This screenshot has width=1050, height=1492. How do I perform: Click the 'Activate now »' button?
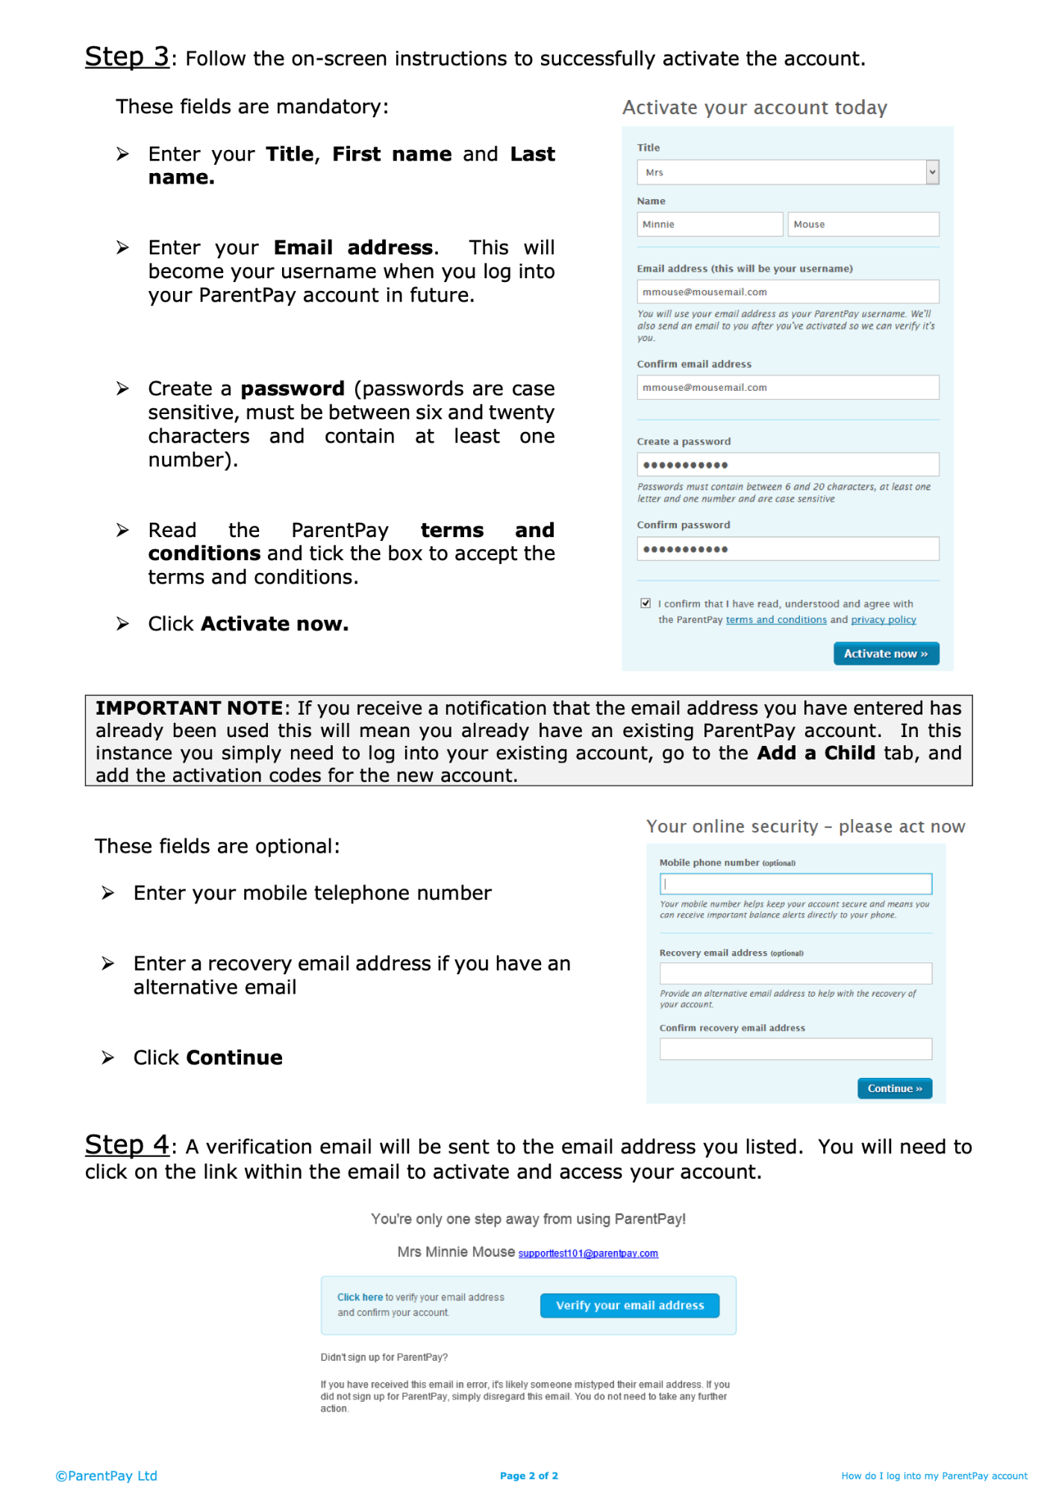(885, 653)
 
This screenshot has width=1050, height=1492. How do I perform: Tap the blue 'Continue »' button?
(894, 1088)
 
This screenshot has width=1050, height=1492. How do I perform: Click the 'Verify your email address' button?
(629, 1305)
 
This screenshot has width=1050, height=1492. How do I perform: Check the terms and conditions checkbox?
(646, 604)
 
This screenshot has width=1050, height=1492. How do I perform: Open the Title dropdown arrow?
(932, 172)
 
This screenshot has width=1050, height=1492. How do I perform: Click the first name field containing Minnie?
(709, 225)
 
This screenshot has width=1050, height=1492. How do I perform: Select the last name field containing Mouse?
(863, 225)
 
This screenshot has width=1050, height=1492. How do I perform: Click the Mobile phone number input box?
(795, 884)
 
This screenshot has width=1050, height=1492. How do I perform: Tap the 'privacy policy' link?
(884, 620)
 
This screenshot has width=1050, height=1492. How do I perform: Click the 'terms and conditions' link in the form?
(775, 620)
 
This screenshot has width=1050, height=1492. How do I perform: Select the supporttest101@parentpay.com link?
(588, 1253)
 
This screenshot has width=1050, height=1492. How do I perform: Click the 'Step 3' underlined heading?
(127, 57)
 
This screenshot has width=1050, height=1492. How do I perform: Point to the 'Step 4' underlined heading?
(127, 1145)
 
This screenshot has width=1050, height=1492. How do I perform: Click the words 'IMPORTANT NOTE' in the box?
(189, 708)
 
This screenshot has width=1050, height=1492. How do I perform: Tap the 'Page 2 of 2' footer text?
(528, 1476)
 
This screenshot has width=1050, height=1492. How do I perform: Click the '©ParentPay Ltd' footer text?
(106, 1476)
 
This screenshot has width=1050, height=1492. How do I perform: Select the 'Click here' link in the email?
(360, 1297)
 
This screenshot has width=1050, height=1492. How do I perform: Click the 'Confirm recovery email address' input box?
(795, 1049)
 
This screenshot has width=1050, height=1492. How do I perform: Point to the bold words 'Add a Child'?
(816, 753)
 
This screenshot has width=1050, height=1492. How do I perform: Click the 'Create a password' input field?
(787, 465)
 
